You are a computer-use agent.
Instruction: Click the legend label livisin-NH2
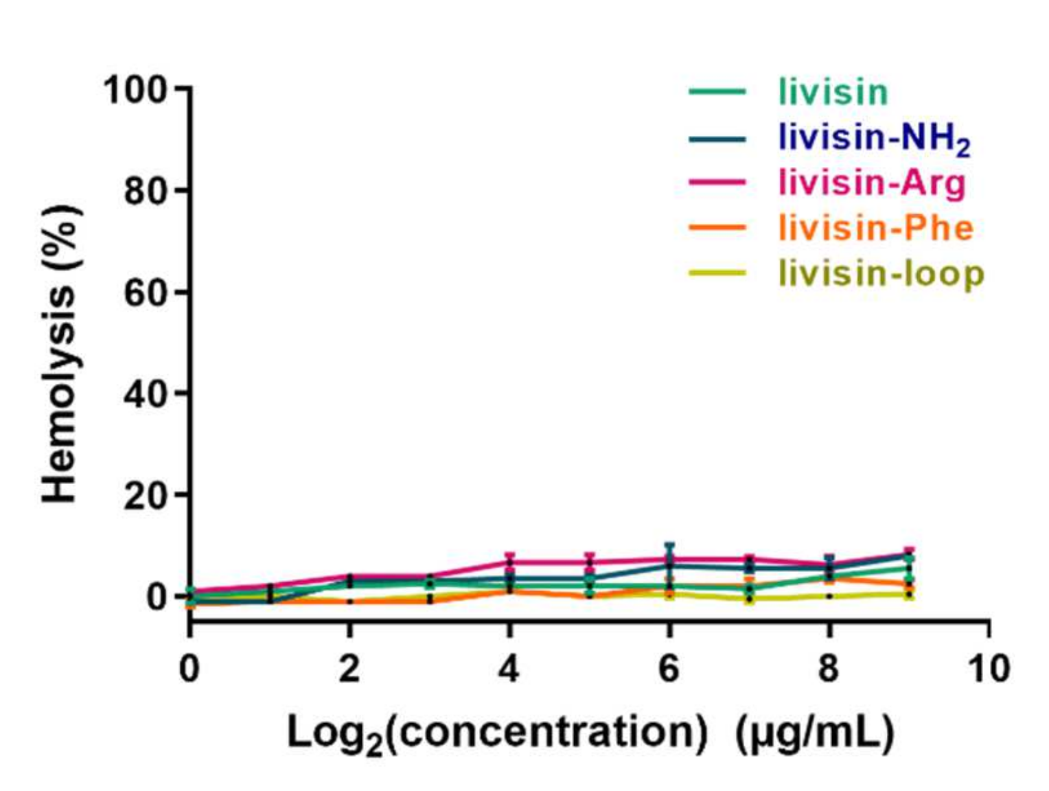coord(874,139)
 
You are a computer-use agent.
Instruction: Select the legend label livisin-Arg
coord(872,183)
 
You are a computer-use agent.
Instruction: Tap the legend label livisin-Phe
coord(875,228)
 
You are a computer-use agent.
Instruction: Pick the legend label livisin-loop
coord(881,273)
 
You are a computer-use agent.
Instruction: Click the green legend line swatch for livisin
coord(717,92)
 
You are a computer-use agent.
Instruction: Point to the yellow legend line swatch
coord(717,273)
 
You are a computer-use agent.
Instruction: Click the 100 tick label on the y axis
coord(135,90)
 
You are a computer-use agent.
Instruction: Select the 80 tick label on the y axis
coord(146,192)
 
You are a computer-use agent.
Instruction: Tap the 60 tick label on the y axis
coord(146,293)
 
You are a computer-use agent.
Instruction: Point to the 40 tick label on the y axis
coord(146,394)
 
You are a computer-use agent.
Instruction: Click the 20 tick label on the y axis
coord(146,496)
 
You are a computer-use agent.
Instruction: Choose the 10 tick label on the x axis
coord(989,668)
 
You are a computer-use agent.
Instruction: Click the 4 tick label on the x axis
coord(509,668)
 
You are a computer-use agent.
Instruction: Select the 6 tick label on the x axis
coord(669,668)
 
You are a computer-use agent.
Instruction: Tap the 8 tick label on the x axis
coord(829,668)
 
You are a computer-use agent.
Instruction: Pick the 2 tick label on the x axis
coord(349,668)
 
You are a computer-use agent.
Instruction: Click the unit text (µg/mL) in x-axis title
coord(815,733)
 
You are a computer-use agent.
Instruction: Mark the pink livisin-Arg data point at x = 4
coord(509,562)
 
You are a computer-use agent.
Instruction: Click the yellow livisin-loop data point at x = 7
coord(749,599)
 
